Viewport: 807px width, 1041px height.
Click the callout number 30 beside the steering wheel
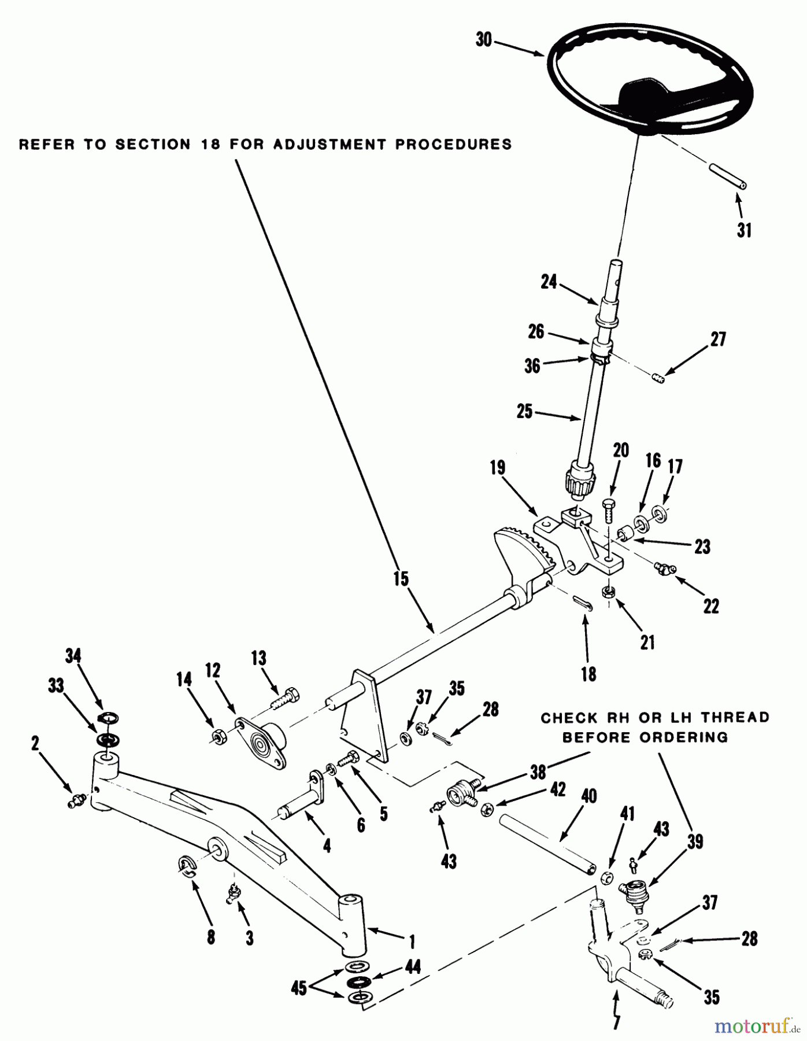pos(483,40)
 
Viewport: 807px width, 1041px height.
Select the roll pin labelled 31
pos(727,176)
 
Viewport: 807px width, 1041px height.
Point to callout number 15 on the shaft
pos(401,579)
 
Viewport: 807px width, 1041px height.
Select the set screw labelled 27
pos(658,379)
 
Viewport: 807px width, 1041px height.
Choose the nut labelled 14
pos(219,737)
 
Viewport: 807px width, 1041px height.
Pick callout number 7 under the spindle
pos(616,1022)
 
